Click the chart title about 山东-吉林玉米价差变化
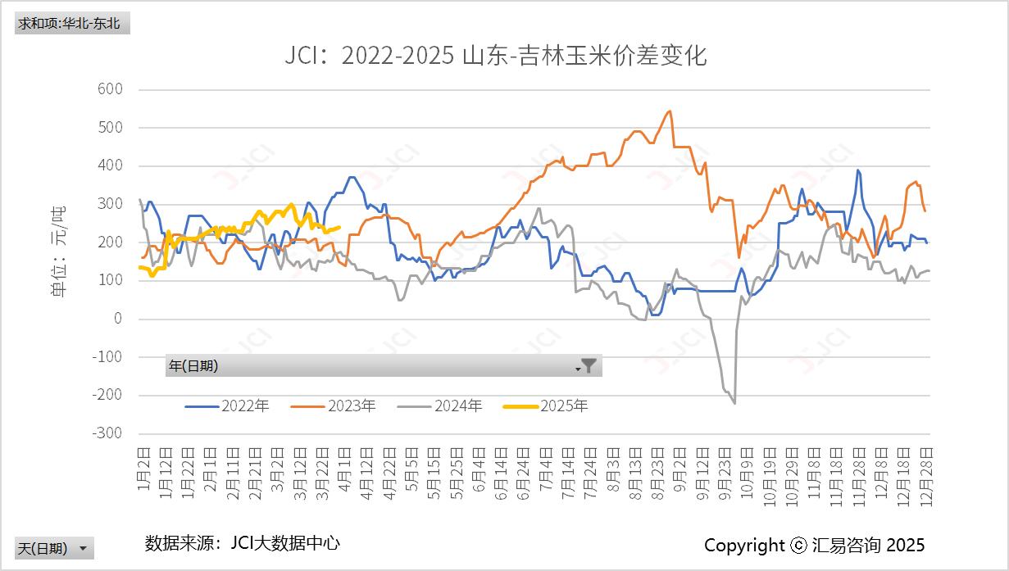coord(495,56)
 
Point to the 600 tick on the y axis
coord(109,89)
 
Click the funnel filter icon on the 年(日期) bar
coord(589,365)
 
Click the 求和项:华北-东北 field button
coord(72,23)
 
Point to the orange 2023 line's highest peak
coord(670,111)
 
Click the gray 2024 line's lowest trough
coord(734,403)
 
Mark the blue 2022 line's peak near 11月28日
coord(857,170)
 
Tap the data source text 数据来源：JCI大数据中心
coord(242,542)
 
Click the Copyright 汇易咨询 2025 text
coord(814,545)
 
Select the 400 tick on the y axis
coord(109,165)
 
